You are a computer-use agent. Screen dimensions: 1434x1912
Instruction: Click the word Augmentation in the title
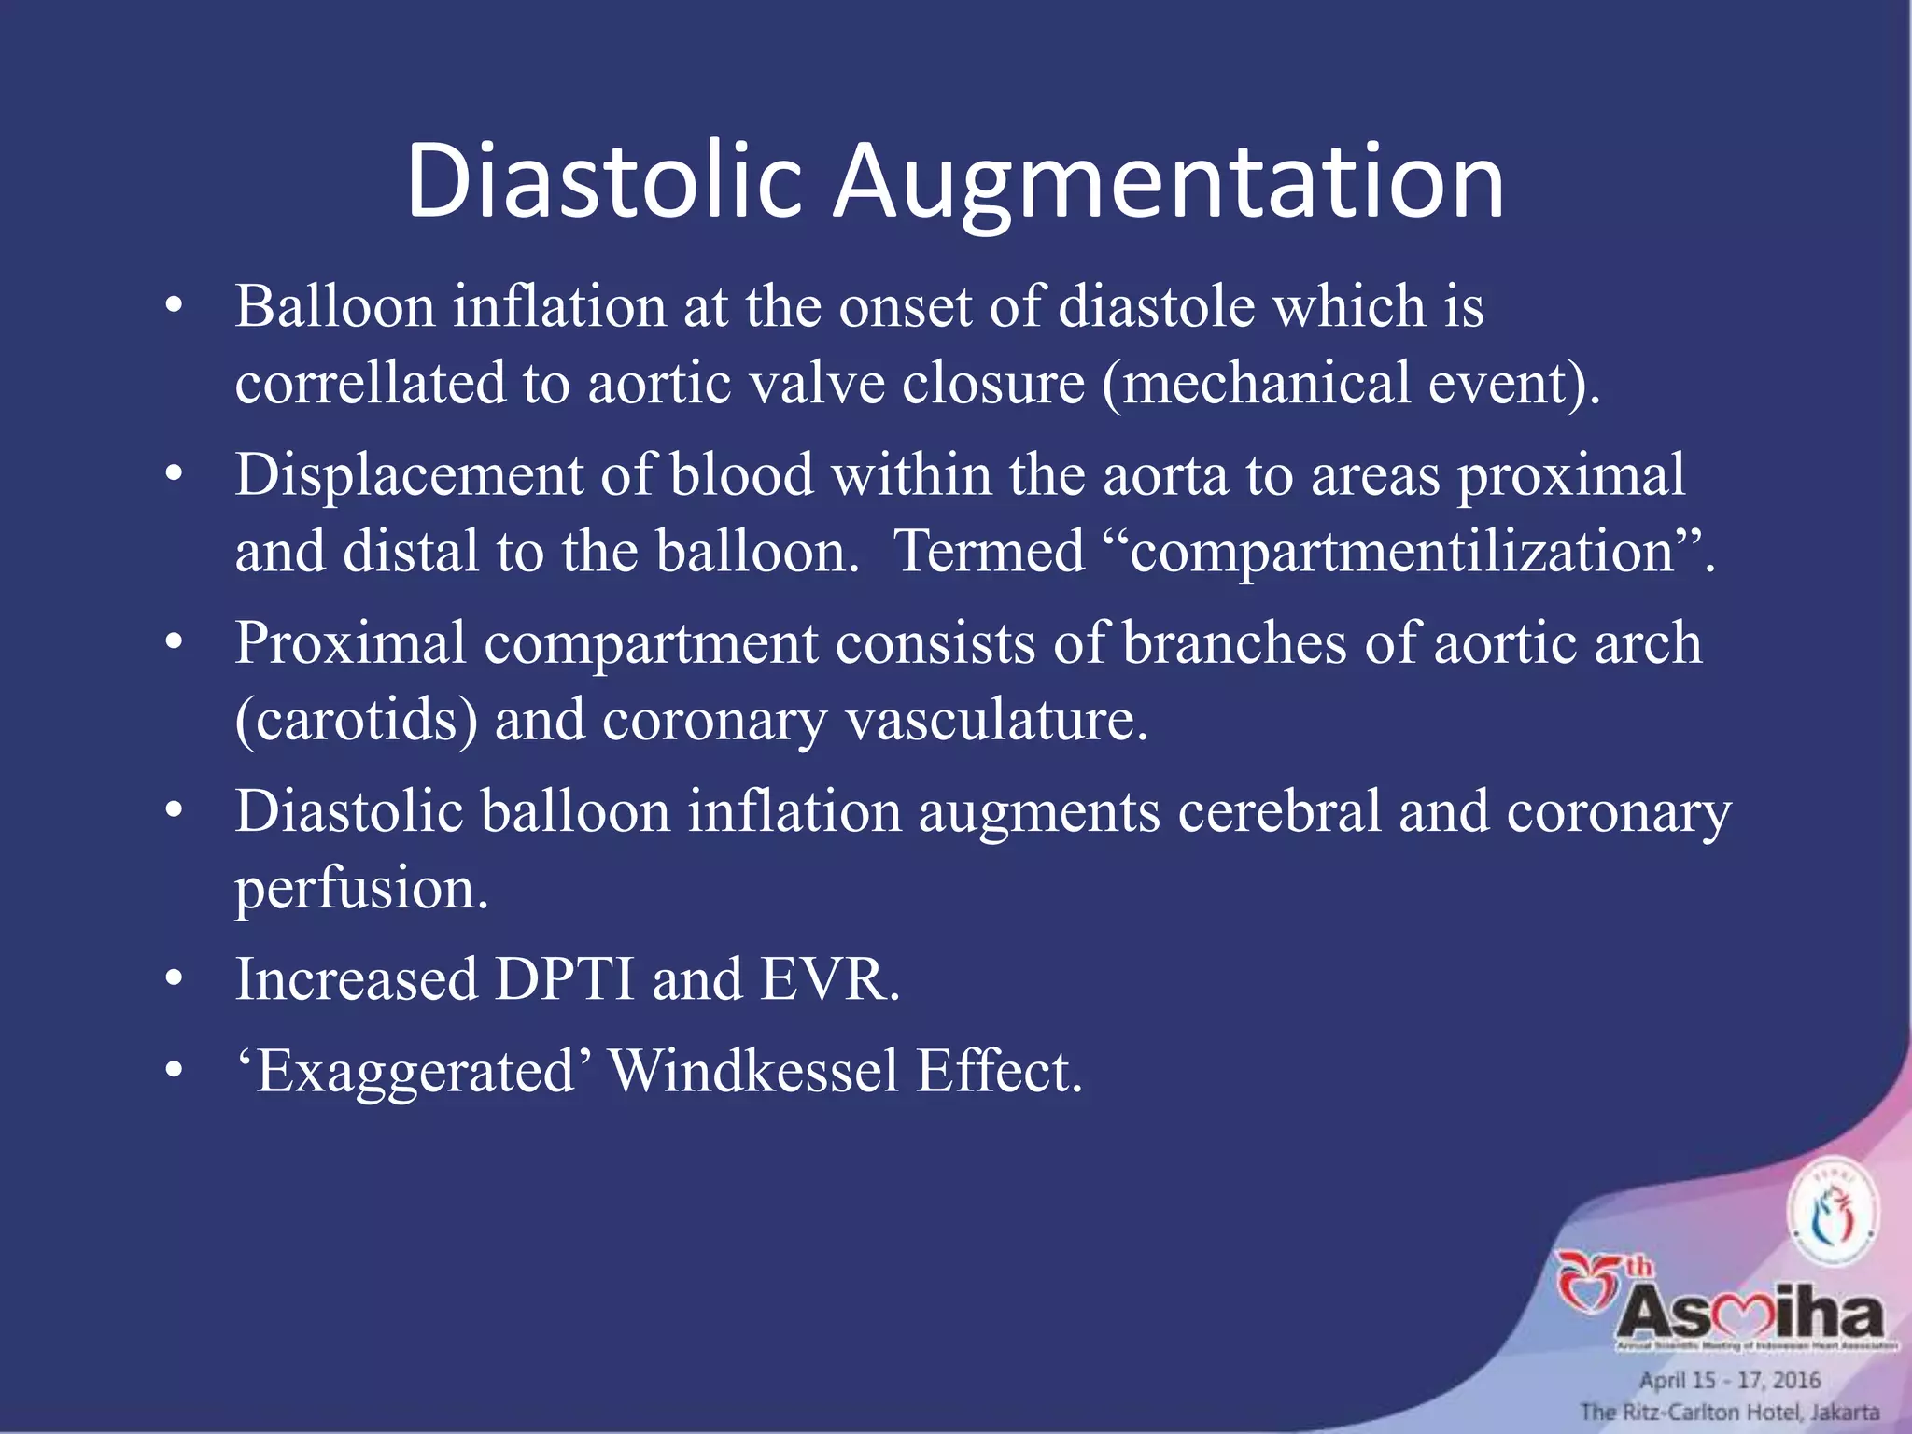[x=1169, y=182]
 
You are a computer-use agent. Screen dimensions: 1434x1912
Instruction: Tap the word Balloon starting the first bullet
[x=334, y=306]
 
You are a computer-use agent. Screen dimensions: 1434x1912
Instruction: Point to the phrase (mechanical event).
[x=1351, y=384]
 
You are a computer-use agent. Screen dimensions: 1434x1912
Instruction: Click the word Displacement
[x=408, y=474]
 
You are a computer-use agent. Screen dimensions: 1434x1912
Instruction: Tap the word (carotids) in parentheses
[x=356, y=721]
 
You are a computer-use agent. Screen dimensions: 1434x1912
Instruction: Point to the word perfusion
[x=360, y=888]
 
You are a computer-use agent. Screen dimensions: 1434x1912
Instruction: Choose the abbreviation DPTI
[x=564, y=979]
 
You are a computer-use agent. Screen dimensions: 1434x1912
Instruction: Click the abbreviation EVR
[x=829, y=979]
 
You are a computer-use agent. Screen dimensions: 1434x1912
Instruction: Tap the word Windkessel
[x=752, y=1071]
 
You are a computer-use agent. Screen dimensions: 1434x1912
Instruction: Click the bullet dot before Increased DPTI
[x=174, y=979]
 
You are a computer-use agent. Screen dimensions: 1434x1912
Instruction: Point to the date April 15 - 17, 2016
[x=1730, y=1380]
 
